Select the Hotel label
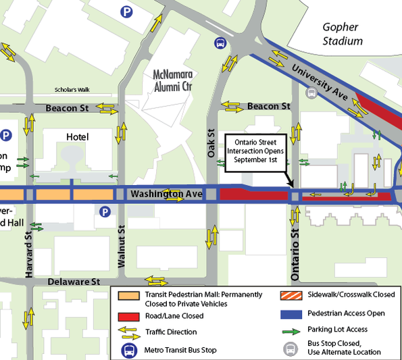(x=77, y=137)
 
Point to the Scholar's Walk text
(x=72, y=91)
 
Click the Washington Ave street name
(x=166, y=195)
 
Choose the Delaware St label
(x=74, y=281)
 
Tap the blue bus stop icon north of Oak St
(x=220, y=44)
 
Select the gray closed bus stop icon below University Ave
(x=311, y=94)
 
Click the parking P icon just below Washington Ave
(x=105, y=212)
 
